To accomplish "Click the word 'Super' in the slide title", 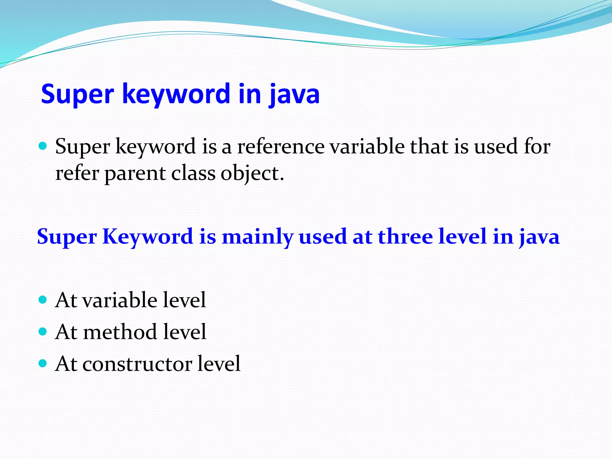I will point(77,94).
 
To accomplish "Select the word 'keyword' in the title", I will point(176,94).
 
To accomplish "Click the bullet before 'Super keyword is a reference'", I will point(43,146).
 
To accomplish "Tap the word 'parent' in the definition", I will point(135,173).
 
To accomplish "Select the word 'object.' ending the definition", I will point(252,173).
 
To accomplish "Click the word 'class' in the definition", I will point(193,173).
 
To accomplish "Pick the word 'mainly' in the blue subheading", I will point(258,237).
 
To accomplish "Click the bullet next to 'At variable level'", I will point(43,299).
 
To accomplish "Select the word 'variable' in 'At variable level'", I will point(120,300).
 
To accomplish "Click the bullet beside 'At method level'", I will point(43,331).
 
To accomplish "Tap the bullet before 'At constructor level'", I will point(43,363).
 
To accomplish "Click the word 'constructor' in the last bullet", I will point(137,364).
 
